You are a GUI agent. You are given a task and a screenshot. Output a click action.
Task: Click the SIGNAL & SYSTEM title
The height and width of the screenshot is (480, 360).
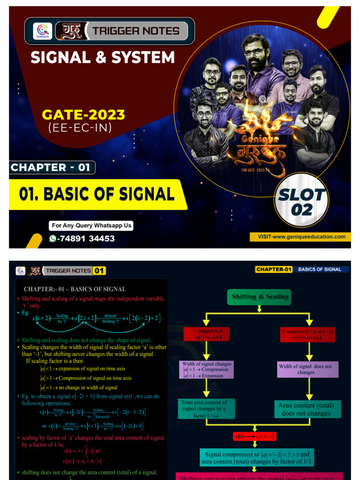coord(103,58)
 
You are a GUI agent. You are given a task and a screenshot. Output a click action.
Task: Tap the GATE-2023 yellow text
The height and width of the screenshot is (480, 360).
coord(83,114)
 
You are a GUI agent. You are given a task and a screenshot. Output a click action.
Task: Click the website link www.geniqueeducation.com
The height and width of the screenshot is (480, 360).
coord(301,237)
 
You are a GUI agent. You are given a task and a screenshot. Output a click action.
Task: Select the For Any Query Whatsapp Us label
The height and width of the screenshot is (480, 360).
coord(91,225)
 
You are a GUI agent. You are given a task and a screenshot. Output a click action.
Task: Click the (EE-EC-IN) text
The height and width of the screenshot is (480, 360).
coord(80,127)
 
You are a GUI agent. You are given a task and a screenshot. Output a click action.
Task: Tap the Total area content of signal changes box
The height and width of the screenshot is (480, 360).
coord(206,409)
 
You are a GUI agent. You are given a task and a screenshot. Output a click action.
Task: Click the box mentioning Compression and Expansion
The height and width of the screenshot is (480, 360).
coord(206,369)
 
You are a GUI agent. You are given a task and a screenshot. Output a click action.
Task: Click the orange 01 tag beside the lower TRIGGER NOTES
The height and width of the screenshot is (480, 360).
coord(99,270)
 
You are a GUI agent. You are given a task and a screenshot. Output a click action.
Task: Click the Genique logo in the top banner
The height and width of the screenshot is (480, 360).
coord(41,31)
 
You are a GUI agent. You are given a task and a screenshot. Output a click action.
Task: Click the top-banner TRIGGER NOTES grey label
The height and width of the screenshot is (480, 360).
coord(136,31)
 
